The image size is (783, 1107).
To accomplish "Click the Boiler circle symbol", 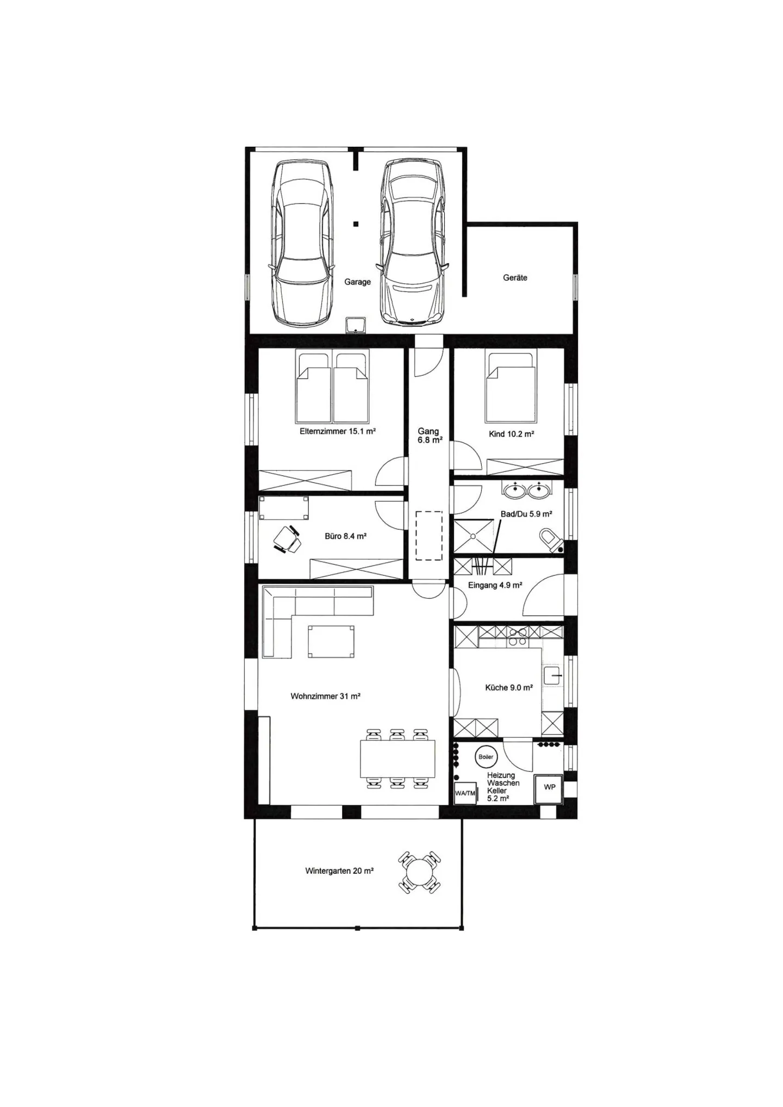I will (486, 757).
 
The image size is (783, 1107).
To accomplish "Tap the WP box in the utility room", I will (549, 787).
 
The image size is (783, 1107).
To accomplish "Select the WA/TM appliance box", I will (465, 793).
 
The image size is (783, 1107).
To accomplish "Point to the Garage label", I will (357, 282).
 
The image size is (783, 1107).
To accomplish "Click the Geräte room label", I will (515, 277).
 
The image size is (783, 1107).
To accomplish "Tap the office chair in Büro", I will (287, 539).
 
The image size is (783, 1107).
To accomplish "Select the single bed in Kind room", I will (511, 387).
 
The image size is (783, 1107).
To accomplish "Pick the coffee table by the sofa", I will (331, 642).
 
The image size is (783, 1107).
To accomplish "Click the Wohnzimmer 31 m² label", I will (326, 696).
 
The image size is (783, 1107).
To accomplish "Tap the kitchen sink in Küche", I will (552, 675).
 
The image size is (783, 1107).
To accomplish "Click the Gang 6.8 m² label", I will (429, 436).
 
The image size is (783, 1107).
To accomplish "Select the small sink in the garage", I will (356, 325).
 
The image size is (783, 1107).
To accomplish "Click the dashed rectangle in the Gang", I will (429, 536).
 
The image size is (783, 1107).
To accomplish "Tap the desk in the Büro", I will (284, 507).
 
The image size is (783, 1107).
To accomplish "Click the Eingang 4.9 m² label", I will (495, 586).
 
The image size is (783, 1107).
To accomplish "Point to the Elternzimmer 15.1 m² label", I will (338, 431).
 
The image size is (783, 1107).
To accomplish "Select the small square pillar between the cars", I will (356, 223).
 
